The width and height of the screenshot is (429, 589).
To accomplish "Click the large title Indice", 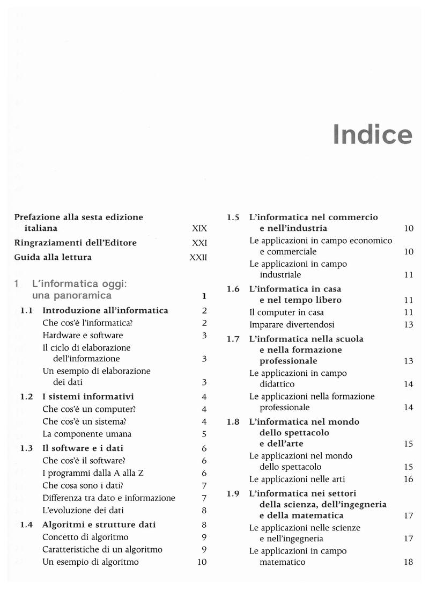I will coord(372,134).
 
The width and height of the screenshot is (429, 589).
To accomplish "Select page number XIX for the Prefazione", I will coord(199,228).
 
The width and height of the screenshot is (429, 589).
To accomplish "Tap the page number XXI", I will coord(199,243).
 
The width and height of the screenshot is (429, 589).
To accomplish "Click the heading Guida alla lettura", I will coord(53,257).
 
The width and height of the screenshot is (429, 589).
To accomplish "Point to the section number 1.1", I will coord(27,310).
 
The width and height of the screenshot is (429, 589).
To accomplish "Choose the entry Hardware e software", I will coord(83,335).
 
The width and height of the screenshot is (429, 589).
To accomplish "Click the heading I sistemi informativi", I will coord(88,397).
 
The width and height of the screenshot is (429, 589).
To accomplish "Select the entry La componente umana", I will coord(87,434).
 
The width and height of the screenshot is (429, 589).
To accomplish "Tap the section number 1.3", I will coord(27,448).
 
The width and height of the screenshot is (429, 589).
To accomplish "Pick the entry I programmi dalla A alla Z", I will coord(93,473).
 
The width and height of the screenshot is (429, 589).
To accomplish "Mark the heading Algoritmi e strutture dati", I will coord(99,525).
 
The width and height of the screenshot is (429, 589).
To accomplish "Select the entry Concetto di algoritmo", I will coord(85,537).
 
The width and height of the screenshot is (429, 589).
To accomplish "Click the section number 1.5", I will coord(233,217).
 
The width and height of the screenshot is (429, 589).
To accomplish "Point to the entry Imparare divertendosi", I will coord(291,324).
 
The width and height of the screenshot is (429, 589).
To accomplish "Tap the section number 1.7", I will coord(233,339).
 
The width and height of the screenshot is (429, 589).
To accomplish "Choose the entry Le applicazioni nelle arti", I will coord(297,479).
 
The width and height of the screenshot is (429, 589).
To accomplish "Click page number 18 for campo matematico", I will coord(408,562).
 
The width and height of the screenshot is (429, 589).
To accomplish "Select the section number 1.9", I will coord(233,493).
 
